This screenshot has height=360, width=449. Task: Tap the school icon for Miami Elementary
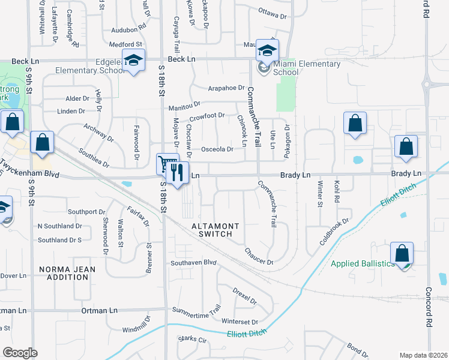tap(267, 49)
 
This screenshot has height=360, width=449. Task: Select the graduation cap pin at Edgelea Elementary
tap(133, 60)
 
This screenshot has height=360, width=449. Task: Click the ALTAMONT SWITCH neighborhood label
tap(215, 230)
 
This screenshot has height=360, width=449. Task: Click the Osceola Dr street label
tap(217, 149)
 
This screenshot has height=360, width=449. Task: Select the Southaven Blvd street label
tap(193, 263)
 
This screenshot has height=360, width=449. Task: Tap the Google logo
tap(20, 353)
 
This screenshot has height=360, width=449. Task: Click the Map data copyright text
tap(423, 355)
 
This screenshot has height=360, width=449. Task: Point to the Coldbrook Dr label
tap(334, 230)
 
